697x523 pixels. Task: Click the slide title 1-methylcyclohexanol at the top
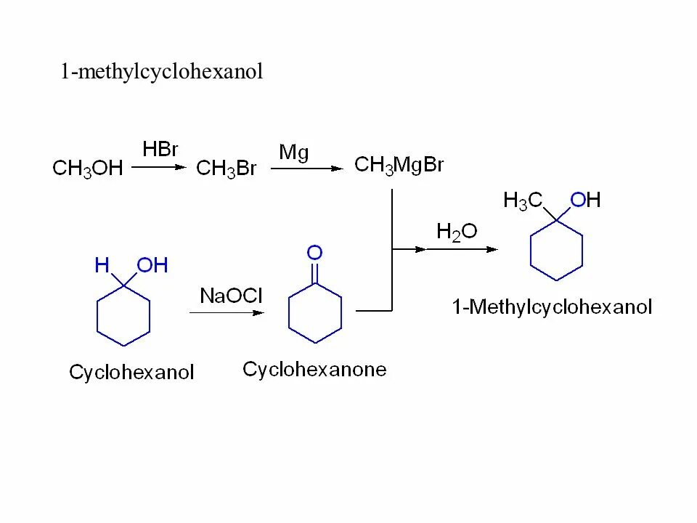point(161,72)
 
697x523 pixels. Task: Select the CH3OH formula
point(88,169)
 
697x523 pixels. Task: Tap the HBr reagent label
point(160,150)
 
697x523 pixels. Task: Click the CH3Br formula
point(227,169)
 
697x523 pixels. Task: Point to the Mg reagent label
point(294,153)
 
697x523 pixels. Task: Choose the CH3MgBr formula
point(399,165)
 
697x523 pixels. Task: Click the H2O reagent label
point(457,232)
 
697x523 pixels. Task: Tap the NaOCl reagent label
point(231,296)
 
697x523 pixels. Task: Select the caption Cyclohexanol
point(131,373)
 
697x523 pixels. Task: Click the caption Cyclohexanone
point(314,370)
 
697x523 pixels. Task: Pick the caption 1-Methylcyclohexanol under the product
point(552,307)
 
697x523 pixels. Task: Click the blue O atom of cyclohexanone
point(314,253)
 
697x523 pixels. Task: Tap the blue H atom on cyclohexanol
point(102,266)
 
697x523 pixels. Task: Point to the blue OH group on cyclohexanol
point(152,266)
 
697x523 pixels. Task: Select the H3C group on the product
point(523,201)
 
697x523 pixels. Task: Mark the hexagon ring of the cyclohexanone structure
point(314,312)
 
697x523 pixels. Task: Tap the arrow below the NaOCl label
point(227,312)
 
